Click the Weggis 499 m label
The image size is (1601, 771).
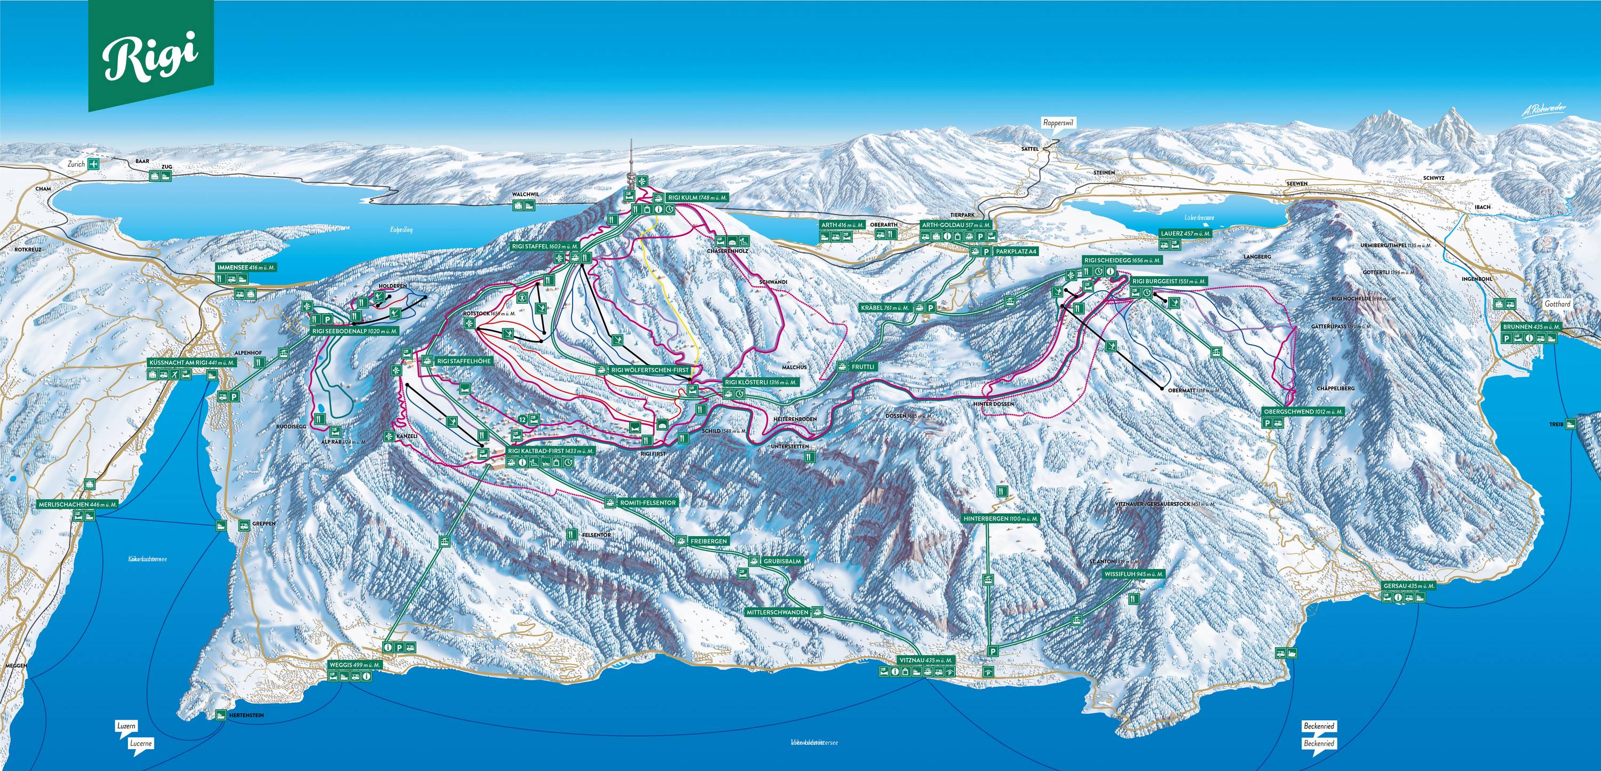point(354,665)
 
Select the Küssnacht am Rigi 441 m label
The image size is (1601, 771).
point(192,362)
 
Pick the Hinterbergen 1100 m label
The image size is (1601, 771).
point(1001,518)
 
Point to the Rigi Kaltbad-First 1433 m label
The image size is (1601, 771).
point(551,451)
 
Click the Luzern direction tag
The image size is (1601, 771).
point(127,726)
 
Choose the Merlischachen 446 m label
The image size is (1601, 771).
point(76,504)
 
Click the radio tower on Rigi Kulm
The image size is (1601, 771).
point(631,165)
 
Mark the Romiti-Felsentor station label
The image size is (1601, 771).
point(648,503)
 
